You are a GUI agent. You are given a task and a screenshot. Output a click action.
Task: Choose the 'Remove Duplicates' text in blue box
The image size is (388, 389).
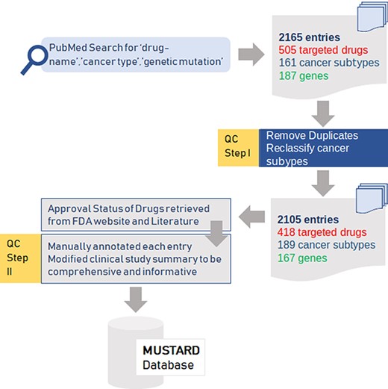tap(311, 136)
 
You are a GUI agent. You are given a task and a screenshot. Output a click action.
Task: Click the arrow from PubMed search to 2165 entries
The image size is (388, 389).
tap(251, 55)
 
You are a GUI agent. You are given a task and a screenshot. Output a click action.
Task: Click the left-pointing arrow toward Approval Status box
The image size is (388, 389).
tap(250, 217)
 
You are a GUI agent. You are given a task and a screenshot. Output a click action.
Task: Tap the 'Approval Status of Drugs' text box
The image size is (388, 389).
tap(119, 214)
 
